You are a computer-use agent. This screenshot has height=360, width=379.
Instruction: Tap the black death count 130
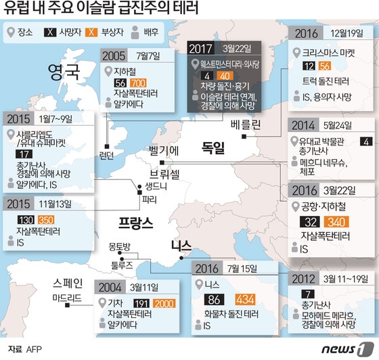click(28, 220)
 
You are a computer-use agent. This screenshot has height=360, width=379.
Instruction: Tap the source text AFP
click(34, 349)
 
